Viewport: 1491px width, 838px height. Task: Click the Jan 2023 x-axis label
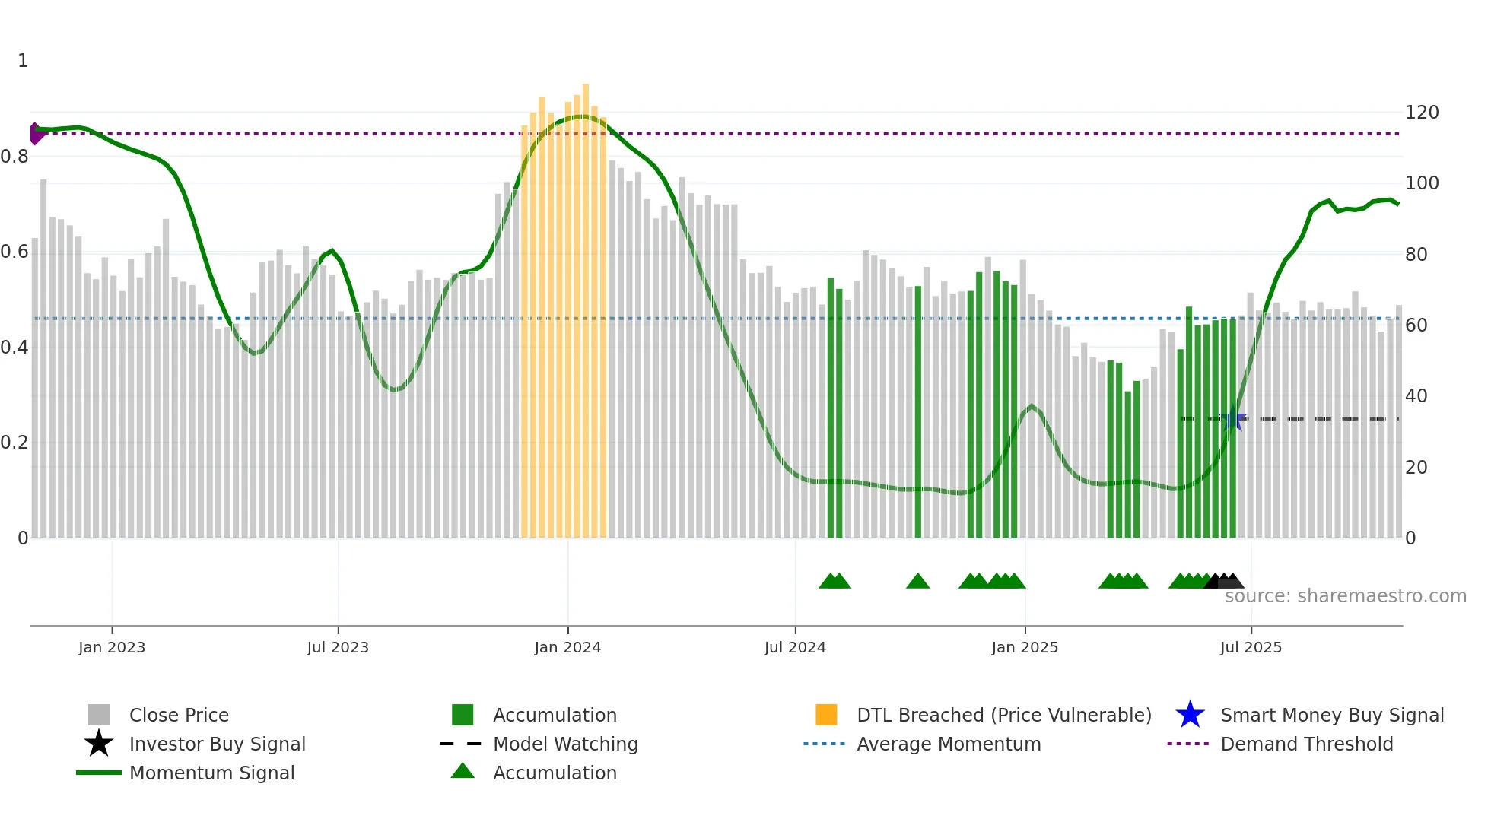click(112, 647)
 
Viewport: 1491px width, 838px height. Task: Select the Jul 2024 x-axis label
click(795, 647)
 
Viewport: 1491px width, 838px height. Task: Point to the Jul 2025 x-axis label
click(1251, 647)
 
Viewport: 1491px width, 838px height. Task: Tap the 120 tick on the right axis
click(1422, 113)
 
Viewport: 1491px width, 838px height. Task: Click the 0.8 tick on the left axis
click(14, 157)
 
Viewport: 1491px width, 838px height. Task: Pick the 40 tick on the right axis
click(1416, 396)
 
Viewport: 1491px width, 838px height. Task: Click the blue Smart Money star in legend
click(1190, 715)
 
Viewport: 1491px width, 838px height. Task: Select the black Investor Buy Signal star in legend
click(99, 744)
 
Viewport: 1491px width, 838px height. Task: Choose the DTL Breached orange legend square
click(826, 715)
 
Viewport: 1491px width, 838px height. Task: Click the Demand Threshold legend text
click(1306, 744)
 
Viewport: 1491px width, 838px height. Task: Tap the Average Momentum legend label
click(949, 744)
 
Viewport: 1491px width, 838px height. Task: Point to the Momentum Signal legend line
click(99, 773)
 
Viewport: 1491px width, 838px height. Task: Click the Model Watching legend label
click(565, 744)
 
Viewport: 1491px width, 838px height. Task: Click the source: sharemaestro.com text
click(1345, 596)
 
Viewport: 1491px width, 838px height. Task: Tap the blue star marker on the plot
click(1233, 418)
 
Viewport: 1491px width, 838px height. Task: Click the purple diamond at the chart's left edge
click(35, 134)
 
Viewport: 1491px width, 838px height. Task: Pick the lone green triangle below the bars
click(917, 582)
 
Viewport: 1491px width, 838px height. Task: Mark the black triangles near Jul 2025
click(1224, 582)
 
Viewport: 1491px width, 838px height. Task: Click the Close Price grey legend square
click(99, 715)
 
